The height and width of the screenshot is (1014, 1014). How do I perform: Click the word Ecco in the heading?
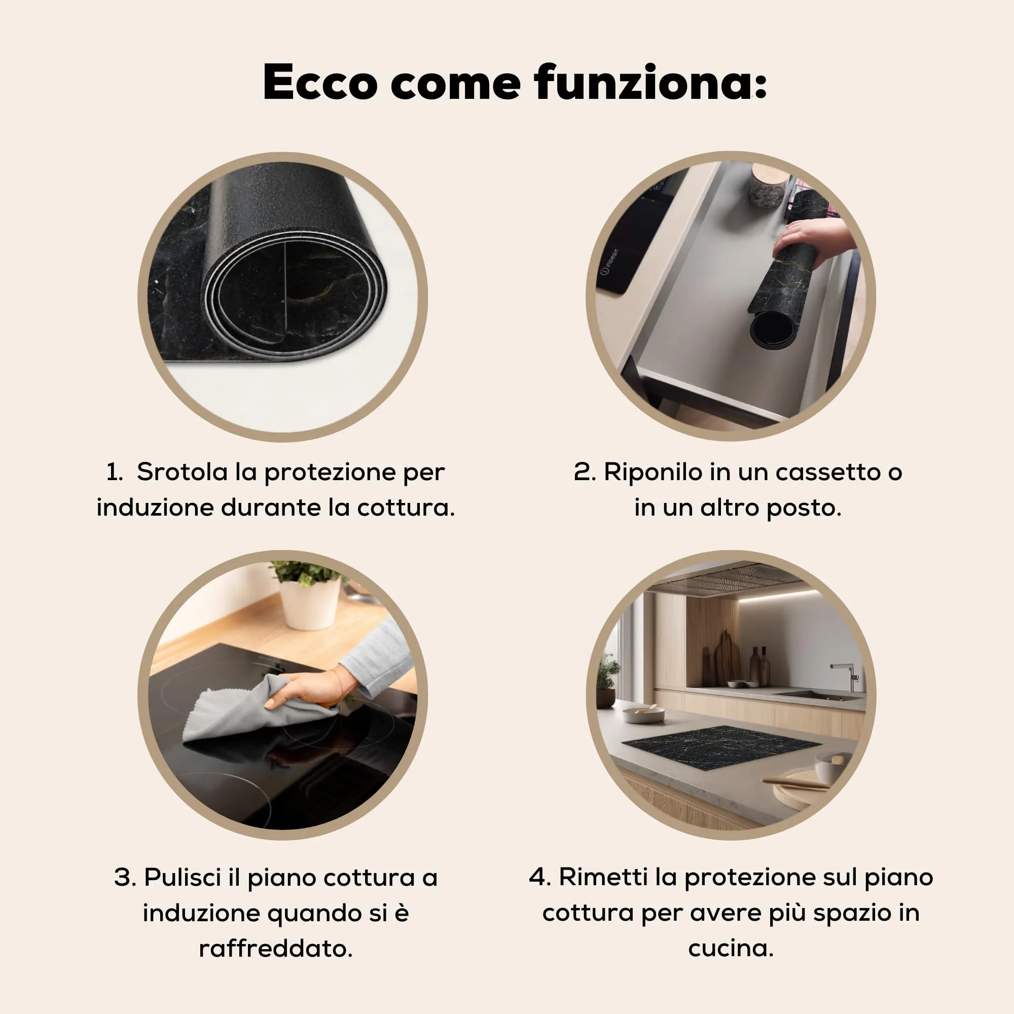tap(319, 83)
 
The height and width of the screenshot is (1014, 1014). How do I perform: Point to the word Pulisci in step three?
tap(182, 878)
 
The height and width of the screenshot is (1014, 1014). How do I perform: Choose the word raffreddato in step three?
tap(275, 949)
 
